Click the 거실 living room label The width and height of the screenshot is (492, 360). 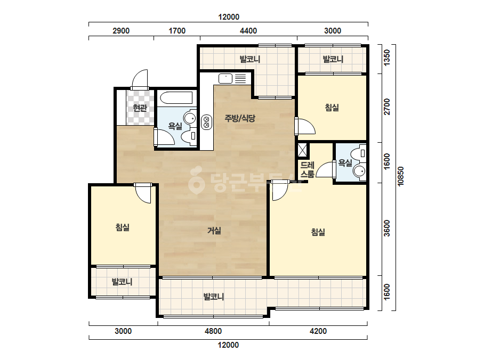(x=214, y=231)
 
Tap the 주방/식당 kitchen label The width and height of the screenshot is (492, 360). (x=240, y=118)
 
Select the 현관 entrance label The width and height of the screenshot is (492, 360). (x=140, y=108)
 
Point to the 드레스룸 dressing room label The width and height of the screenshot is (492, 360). (x=308, y=169)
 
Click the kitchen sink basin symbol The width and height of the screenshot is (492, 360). (x=225, y=78)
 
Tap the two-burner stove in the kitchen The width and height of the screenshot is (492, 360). (x=206, y=122)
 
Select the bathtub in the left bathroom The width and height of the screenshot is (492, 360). (x=176, y=97)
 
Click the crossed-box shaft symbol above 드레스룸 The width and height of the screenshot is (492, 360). (x=302, y=150)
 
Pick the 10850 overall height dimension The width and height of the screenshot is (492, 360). (x=401, y=176)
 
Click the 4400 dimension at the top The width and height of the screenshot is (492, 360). (x=248, y=31)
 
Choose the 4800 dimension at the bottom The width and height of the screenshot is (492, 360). (x=213, y=331)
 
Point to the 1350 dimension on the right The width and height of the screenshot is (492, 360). (x=387, y=58)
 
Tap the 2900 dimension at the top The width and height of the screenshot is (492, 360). (x=121, y=31)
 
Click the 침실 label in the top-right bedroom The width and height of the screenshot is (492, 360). (x=332, y=108)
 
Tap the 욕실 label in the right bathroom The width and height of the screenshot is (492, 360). (x=345, y=163)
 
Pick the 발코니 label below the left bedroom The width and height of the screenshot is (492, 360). (x=122, y=282)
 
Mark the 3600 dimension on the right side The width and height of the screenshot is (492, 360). (x=387, y=228)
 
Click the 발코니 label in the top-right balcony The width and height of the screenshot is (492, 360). (x=333, y=59)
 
